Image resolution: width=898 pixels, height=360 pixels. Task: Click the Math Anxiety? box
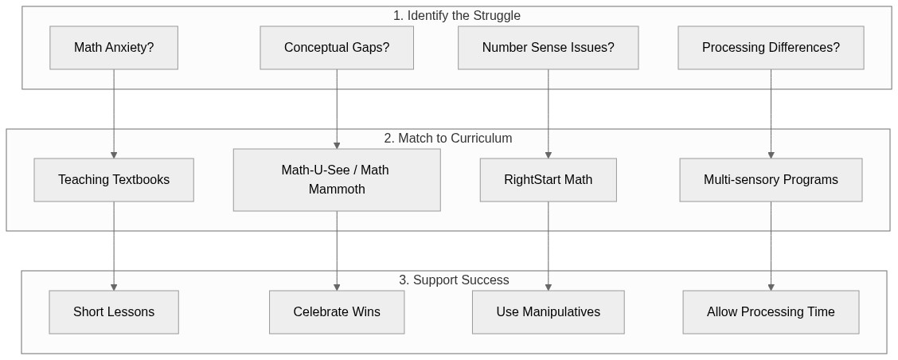click(x=114, y=48)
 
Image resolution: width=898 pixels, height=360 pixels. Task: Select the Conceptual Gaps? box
click(x=337, y=48)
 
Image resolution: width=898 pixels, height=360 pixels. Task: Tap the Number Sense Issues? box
click(x=548, y=48)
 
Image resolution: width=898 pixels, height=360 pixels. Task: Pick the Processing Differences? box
click(x=771, y=48)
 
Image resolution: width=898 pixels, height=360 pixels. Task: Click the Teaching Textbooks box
click(x=114, y=180)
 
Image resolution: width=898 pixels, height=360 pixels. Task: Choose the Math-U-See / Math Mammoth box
click(x=337, y=180)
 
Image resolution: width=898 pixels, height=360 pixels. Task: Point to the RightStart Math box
click(x=548, y=180)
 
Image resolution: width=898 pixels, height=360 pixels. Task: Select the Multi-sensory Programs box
click(x=771, y=180)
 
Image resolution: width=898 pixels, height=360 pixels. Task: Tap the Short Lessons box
click(x=114, y=312)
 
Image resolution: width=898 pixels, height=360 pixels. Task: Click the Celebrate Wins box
click(x=337, y=312)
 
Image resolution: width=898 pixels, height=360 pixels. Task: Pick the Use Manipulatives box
click(x=548, y=312)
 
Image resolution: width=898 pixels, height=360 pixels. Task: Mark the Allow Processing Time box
click(x=771, y=312)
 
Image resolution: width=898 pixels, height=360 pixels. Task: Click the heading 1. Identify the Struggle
click(x=456, y=16)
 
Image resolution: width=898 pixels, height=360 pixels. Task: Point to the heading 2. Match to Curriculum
click(x=447, y=139)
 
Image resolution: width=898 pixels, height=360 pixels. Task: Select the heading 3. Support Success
click(x=454, y=280)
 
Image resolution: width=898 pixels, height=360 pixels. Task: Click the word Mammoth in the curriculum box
click(x=337, y=190)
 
